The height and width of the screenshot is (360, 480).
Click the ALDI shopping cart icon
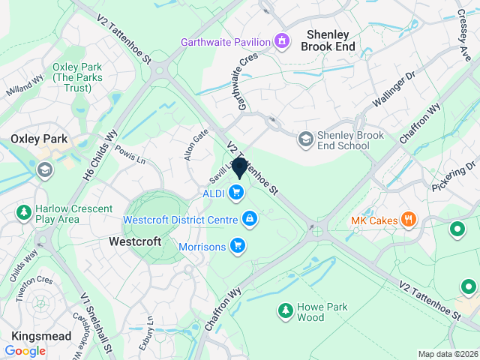pos(237,193)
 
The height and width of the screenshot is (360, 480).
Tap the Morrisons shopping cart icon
pos(238,245)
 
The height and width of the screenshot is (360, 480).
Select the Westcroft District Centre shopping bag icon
pos(249,219)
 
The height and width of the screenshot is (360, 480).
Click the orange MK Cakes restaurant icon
pos(409,220)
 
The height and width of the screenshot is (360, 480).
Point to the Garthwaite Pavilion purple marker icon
pos(282,40)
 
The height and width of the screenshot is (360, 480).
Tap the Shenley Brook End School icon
pos(305,139)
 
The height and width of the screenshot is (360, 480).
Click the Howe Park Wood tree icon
pos(285,310)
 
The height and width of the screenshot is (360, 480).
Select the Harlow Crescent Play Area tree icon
pos(24,213)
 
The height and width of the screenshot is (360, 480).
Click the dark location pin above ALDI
pos(240,168)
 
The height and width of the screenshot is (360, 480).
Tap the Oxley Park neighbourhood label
pos(39,139)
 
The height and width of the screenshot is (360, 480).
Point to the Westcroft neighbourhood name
pos(135,242)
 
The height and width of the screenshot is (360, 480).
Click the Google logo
pos(25,350)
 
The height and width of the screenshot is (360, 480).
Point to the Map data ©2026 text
pos(447,354)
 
